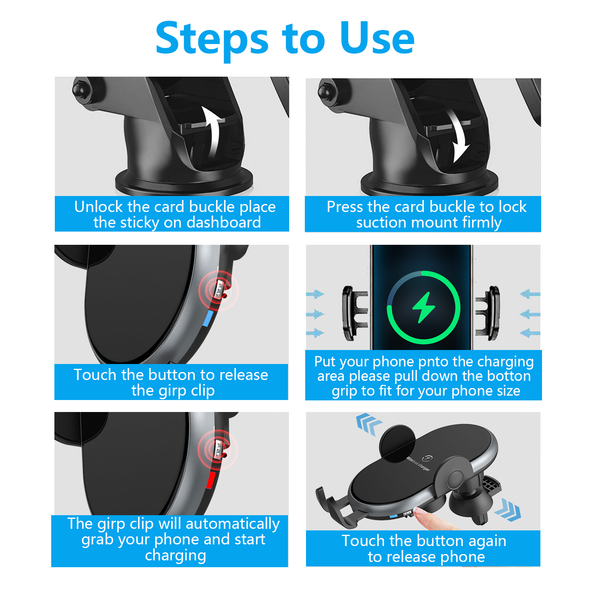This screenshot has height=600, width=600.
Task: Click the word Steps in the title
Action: coord(212,39)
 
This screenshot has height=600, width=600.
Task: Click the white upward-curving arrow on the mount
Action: coord(212,133)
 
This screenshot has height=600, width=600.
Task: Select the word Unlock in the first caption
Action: coord(99,207)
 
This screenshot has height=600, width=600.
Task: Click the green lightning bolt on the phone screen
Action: coord(423,307)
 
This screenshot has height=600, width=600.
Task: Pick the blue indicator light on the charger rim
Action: coord(208,318)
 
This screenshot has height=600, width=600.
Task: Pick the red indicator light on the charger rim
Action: coord(211,480)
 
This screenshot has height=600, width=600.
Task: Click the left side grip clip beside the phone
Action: coord(354,313)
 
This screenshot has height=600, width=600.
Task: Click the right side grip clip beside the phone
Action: coord(488,313)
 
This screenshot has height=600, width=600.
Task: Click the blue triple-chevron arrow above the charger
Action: coord(369,423)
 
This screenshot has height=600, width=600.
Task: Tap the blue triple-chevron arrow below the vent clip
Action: coord(508,509)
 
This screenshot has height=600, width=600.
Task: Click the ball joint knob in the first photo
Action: coord(79,89)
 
